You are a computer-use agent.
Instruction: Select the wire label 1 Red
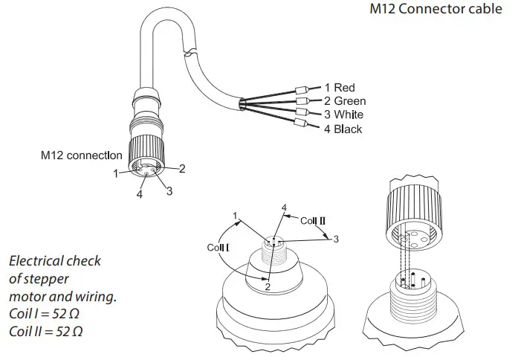[339, 88]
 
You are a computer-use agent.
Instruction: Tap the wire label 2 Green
[344, 101]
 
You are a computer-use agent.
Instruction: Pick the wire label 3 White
[343, 115]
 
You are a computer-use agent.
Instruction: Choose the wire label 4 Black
[343, 129]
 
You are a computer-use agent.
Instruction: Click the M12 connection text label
[81, 155]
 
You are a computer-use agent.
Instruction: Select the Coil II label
[313, 220]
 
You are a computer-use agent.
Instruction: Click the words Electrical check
[54, 262]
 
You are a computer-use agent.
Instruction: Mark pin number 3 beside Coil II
[336, 239]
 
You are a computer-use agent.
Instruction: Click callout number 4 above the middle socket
[284, 207]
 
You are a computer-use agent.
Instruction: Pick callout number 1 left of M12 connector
[116, 173]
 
